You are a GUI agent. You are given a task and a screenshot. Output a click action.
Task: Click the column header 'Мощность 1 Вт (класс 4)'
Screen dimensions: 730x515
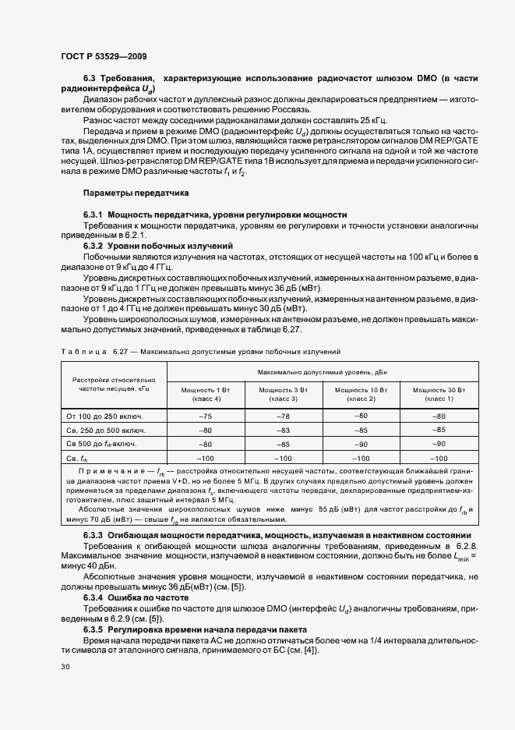coord(206,393)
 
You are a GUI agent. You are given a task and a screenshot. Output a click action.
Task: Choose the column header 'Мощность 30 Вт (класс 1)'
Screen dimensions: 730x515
coord(439,393)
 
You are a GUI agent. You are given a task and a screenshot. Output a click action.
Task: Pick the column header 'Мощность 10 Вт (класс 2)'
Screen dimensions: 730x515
coord(361,393)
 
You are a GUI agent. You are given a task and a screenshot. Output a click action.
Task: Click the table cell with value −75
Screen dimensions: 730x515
coord(206,416)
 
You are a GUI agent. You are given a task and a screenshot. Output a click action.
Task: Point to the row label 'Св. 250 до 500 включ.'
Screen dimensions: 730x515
coord(106,431)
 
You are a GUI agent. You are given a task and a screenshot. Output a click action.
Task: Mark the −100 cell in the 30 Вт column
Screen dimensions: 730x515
coord(439,458)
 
